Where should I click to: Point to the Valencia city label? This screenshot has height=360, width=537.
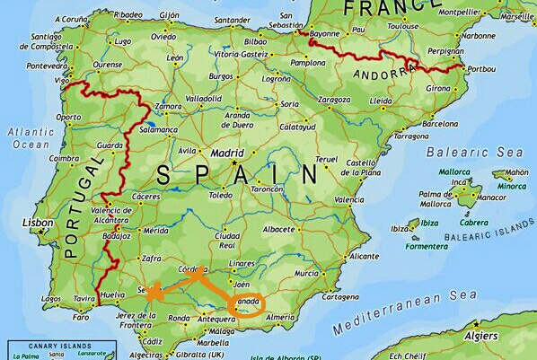[349, 199]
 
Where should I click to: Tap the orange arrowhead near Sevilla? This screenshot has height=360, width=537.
[154, 291]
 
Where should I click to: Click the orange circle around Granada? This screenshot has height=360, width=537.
[249, 305]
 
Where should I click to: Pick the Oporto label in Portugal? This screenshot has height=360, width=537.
[68, 117]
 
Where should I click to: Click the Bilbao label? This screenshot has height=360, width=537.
[256, 40]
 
